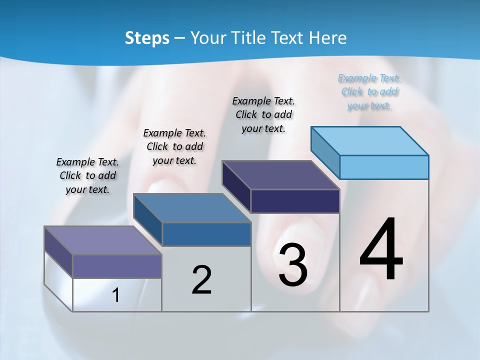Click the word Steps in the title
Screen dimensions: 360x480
[x=147, y=38]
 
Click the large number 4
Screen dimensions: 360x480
[x=381, y=250]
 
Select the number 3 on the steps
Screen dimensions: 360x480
[x=293, y=265]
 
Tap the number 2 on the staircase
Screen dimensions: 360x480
[x=201, y=280]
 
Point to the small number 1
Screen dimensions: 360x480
[x=116, y=295]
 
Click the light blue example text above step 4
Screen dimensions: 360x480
[x=369, y=92]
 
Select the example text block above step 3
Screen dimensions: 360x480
[x=263, y=115]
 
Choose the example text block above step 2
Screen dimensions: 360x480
[x=174, y=146]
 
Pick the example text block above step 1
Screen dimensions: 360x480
[x=87, y=175]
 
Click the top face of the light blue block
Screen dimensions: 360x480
[x=370, y=140]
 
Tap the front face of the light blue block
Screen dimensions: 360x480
[x=384, y=167]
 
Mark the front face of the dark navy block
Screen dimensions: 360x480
[x=295, y=201]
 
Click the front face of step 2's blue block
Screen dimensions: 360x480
[x=206, y=234]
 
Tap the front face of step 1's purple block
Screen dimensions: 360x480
[x=117, y=266]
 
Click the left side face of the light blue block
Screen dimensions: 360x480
[x=325, y=152]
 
